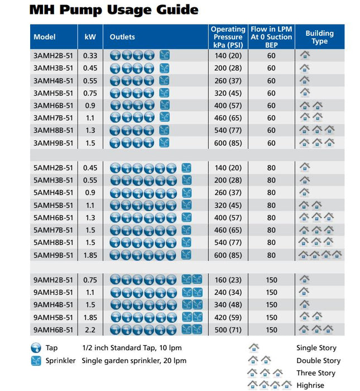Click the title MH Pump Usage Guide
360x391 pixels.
click(113, 9)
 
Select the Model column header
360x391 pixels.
click(45, 37)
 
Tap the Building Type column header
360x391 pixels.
click(319, 37)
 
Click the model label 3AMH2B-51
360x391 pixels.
click(53, 56)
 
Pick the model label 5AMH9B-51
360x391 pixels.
click(53, 255)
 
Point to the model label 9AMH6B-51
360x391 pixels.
click(53, 330)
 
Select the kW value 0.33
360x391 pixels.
click(90, 56)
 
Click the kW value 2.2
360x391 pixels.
click(90, 330)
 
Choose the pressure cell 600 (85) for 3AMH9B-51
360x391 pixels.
click(228, 143)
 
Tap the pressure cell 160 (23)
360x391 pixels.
click(228, 280)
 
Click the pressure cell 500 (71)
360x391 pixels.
click(228, 330)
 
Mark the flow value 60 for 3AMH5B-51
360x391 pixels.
click(271, 93)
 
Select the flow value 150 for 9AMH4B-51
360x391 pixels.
click(271, 305)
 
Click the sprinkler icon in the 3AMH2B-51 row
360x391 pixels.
click(164, 56)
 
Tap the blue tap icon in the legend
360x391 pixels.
click(37, 348)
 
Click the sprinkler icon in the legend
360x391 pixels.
click(37, 360)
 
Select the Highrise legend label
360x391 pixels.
click(310, 385)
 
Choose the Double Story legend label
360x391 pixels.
click(316, 360)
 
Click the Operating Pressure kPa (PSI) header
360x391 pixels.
click(228, 37)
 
